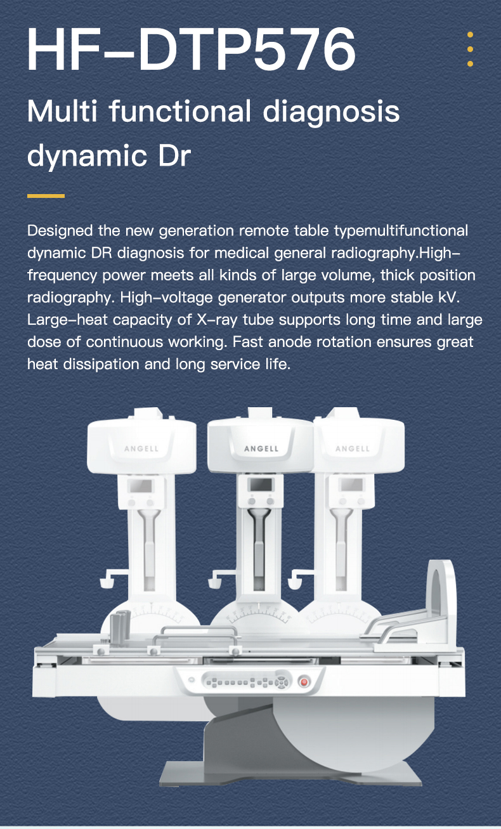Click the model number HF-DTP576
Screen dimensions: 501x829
pos(192,49)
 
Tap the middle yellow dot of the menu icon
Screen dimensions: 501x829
pos(470,49)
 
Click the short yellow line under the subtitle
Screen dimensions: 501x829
pos(46,196)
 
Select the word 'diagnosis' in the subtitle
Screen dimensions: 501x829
pos(331,112)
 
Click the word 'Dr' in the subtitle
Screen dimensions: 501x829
pos(174,156)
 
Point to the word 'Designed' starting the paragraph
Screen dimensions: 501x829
pos(60,232)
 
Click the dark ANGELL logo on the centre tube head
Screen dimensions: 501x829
pos(261,448)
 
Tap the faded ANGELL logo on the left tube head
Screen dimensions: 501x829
pos(141,449)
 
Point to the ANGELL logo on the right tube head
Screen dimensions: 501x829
pos(352,449)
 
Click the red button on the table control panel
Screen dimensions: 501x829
pos(304,682)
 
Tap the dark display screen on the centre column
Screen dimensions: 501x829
pos(261,485)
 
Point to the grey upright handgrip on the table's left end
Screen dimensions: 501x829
pos(120,627)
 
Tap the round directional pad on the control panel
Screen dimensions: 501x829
pos(282,682)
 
